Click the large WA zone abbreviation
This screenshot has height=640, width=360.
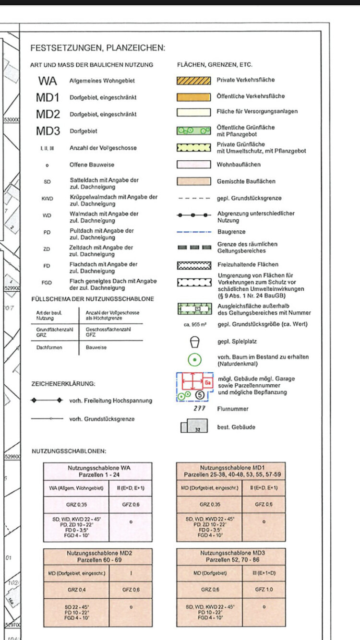[48, 81]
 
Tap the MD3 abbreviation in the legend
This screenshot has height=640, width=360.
[48, 131]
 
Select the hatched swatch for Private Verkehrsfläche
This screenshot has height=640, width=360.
[193, 80]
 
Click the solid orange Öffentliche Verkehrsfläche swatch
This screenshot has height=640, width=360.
[193, 96]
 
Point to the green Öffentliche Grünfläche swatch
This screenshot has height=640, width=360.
[193, 130]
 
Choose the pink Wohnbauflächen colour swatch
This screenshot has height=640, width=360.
[193, 165]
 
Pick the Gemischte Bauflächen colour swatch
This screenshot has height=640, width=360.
[193, 181]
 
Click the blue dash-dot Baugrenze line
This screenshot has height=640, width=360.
[193, 232]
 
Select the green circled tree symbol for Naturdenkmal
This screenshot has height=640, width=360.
[194, 359]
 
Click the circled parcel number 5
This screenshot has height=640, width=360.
[201, 395]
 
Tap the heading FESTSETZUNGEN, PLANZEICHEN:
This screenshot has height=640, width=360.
[97, 48]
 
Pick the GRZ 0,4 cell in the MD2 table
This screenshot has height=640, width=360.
[77, 590]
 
